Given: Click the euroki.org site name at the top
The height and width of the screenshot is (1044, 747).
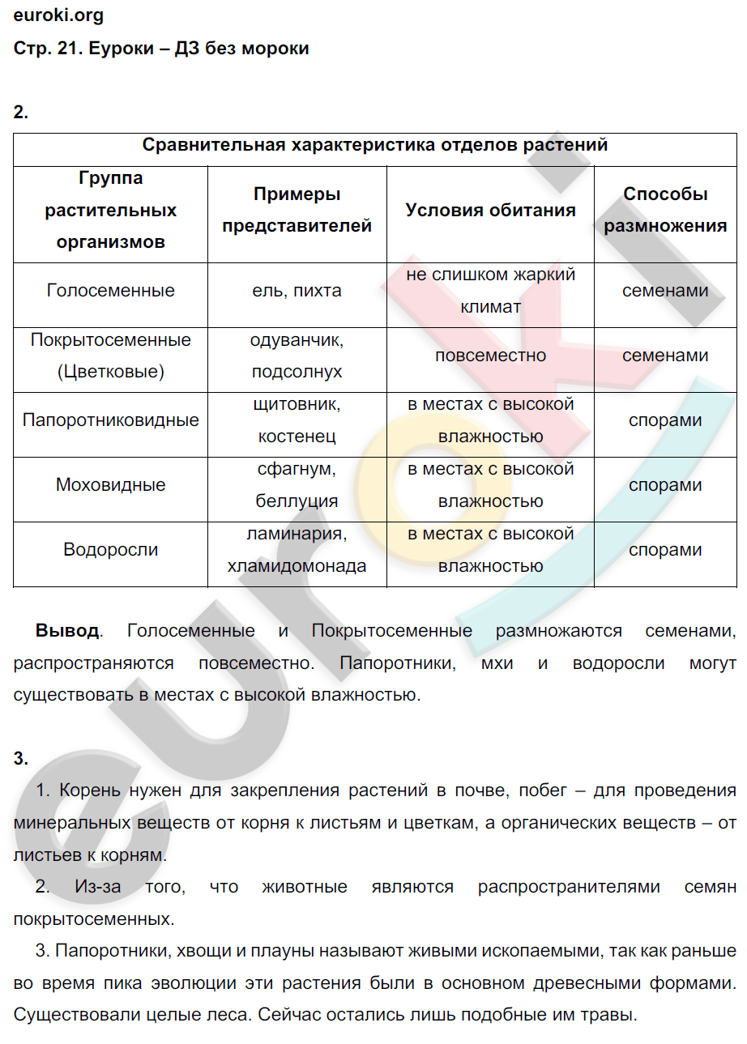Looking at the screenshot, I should (x=59, y=15).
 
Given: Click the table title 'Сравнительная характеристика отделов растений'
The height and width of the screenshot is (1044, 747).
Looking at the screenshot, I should (x=375, y=145).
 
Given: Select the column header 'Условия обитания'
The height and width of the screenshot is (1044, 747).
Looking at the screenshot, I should (x=490, y=211).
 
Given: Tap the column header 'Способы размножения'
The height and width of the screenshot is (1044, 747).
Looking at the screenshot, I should (x=665, y=211).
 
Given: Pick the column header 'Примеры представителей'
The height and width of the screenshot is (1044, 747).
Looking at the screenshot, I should (x=297, y=211).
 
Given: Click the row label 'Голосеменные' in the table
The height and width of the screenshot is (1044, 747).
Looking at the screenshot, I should (x=111, y=291).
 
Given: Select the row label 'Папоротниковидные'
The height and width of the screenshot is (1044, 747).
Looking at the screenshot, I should (x=111, y=420).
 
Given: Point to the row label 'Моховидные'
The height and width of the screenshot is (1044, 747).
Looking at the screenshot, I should (x=111, y=485).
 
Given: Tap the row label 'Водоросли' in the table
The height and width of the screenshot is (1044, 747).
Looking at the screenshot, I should (x=111, y=550).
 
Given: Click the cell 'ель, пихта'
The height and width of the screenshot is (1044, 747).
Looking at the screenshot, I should (x=297, y=291).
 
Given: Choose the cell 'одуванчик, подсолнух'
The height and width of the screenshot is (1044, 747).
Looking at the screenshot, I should (x=297, y=356).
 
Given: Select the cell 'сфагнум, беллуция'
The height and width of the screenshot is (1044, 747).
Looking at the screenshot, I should (x=297, y=485).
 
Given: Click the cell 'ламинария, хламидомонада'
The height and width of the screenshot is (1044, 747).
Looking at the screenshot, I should (x=297, y=550).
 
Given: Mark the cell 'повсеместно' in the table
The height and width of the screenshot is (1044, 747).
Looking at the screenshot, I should (x=490, y=356).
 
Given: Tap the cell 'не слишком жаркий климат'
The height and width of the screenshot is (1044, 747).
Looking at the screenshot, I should (x=490, y=291).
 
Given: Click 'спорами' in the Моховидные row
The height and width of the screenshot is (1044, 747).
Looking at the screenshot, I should (x=665, y=485).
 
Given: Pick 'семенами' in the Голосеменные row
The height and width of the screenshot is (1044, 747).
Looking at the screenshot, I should (x=665, y=291).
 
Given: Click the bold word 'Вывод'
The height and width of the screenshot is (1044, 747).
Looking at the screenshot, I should (x=67, y=631).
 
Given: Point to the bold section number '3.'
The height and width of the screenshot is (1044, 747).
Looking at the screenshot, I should (x=21, y=759).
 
